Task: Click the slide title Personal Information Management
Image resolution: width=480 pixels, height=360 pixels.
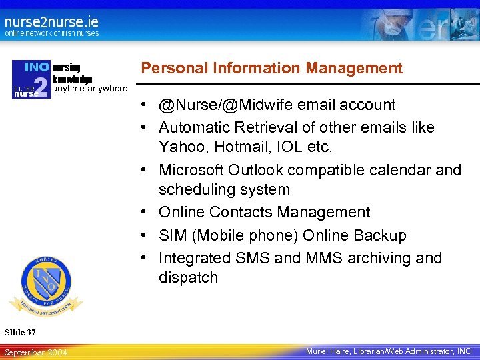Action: pos(272,68)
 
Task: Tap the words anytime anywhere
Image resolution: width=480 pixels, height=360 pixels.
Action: pos(89,89)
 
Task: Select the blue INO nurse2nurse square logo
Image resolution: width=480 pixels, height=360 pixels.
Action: pos(31,79)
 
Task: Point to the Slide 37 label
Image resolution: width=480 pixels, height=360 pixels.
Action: pos(20,332)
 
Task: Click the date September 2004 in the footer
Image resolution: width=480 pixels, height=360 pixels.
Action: pos(35,352)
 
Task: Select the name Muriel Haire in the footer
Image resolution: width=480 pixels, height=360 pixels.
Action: pos(329,351)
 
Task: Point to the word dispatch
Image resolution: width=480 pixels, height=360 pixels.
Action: pos(188,277)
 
